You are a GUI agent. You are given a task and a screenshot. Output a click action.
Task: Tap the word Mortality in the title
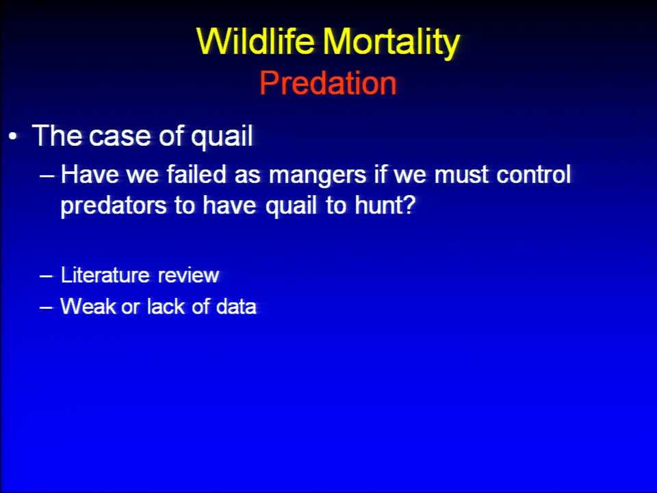(391, 42)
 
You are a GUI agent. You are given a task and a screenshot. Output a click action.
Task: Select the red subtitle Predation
(328, 83)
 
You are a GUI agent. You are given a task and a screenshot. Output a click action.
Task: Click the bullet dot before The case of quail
(14, 136)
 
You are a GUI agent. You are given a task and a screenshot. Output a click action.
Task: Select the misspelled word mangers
(318, 176)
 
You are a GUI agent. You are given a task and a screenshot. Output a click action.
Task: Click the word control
(534, 174)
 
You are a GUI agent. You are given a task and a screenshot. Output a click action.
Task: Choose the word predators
(113, 206)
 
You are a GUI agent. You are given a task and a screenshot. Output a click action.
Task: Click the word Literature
(105, 275)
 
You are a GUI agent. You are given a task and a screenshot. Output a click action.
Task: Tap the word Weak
(88, 306)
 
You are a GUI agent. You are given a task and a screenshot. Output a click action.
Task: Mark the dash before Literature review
(46, 276)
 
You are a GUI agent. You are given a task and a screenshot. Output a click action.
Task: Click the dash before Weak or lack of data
(46, 307)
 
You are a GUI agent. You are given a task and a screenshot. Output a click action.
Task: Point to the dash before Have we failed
(47, 176)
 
